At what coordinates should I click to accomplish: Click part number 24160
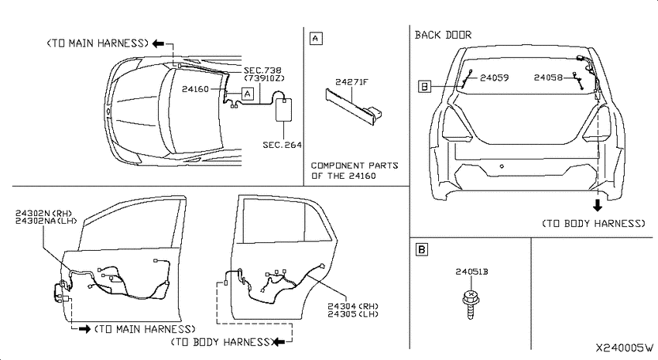pyautogui.click(x=195, y=89)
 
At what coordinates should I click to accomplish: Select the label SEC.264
pyautogui.click(x=282, y=145)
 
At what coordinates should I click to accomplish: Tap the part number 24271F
pyautogui.click(x=351, y=82)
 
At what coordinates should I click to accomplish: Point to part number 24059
pyautogui.click(x=495, y=77)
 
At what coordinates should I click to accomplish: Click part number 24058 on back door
pyautogui.click(x=548, y=77)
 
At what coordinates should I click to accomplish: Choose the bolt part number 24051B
pyautogui.click(x=471, y=272)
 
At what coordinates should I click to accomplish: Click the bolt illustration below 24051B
pyautogui.click(x=471, y=303)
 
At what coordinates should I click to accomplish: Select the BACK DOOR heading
pyautogui.click(x=443, y=35)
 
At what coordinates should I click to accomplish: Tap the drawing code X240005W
pyautogui.click(x=625, y=348)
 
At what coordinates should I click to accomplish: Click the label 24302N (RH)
pyautogui.click(x=43, y=213)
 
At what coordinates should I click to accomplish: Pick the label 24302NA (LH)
pyautogui.click(x=46, y=221)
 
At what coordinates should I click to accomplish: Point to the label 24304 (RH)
pyautogui.click(x=353, y=307)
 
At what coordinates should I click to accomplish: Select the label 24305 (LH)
pyautogui.click(x=353, y=314)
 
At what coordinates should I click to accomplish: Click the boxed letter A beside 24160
pyautogui.click(x=248, y=94)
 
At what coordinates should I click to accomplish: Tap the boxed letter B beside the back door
pyautogui.click(x=425, y=87)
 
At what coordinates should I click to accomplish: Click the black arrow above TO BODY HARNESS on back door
pyautogui.click(x=597, y=204)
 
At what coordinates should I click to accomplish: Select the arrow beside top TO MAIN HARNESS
pyautogui.click(x=158, y=43)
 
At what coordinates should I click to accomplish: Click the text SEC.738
pyautogui.click(x=262, y=70)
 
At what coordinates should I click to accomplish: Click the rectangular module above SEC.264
pyautogui.click(x=283, y=110)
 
